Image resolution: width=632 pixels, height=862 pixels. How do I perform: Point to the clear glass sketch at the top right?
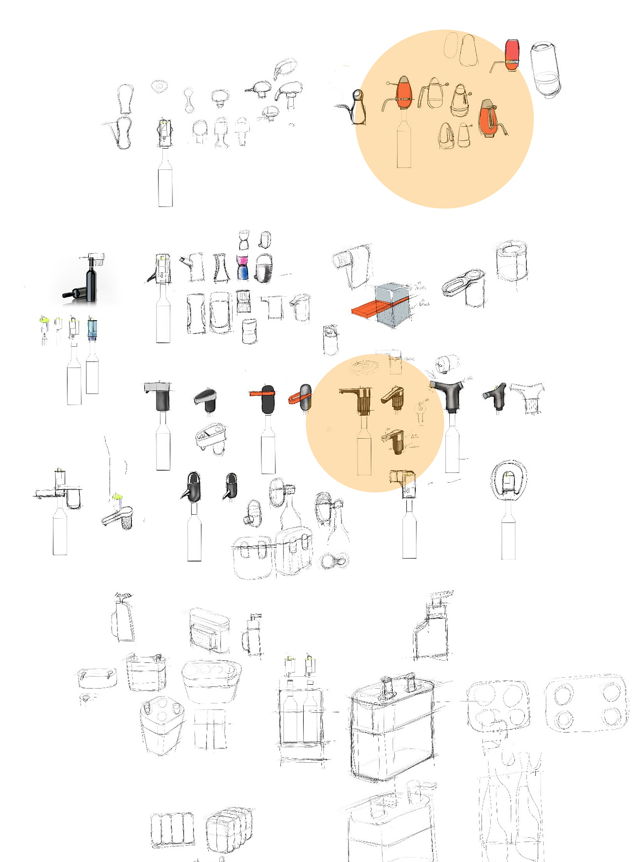545,69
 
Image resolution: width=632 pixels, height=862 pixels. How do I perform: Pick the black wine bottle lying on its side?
75,294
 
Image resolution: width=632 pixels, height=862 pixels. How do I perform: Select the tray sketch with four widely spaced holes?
586,702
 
